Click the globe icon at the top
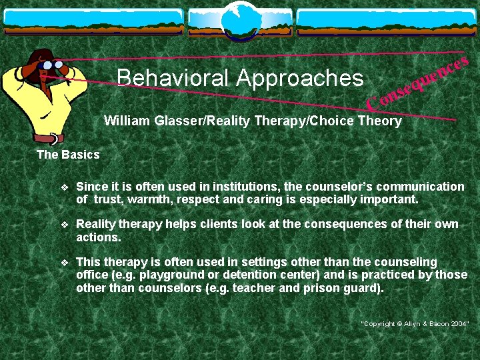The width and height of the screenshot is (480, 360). coord(240,18)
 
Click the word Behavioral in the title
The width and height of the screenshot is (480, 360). coord(172,78)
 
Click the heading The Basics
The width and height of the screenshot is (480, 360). coord(67,155)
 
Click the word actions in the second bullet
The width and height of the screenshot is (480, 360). coord(97,237)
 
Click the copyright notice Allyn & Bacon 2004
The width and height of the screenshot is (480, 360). coord(415,323)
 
